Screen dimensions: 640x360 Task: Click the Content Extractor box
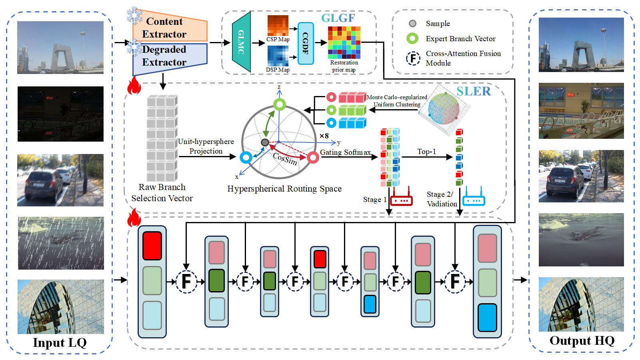point(170,27)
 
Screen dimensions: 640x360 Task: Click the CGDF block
point(306,44)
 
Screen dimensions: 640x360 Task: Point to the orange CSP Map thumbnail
point(278,26)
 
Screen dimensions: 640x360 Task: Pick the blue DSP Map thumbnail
point(278,56)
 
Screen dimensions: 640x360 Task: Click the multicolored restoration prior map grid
point(344,42)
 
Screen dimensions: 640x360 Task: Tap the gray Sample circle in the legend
point(412,24)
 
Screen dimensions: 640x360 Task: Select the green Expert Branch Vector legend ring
point(412,38)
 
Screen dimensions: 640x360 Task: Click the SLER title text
point(474,91)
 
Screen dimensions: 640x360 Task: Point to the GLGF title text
point(338,18)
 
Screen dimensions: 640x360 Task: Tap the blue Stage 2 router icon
point(474,196)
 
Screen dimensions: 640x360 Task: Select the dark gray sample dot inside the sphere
point(265,142)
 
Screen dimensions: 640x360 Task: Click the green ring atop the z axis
point(280,104)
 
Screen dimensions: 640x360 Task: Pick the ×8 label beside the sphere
point(324,136)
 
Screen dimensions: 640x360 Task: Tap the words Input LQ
point(60,342)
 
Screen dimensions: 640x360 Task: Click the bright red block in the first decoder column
point(152,246)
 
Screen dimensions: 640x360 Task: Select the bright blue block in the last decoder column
point(487,318)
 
